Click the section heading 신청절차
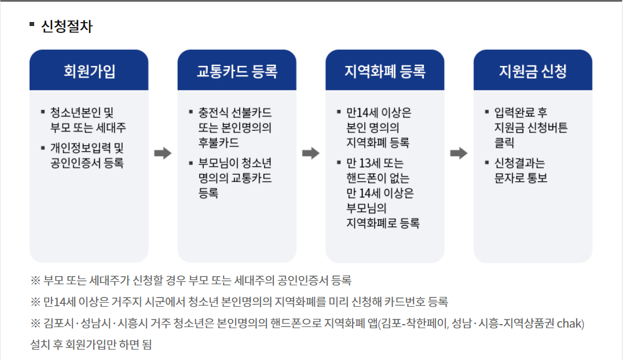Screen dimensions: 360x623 67,27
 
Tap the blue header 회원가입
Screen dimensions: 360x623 89,71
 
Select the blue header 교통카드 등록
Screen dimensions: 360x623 237,71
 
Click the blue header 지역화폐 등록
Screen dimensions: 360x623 385,71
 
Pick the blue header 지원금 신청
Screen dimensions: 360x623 533,71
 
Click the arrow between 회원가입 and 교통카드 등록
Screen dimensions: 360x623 163,153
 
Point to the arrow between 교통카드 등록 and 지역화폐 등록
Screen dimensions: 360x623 311,153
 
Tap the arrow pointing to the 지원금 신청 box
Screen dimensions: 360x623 459,153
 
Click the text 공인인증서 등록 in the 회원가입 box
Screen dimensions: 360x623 87,163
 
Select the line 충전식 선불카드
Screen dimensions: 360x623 234,112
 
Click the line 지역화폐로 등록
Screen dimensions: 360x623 383,223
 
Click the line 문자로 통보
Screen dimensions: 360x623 521,178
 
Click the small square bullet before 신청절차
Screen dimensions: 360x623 32,25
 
